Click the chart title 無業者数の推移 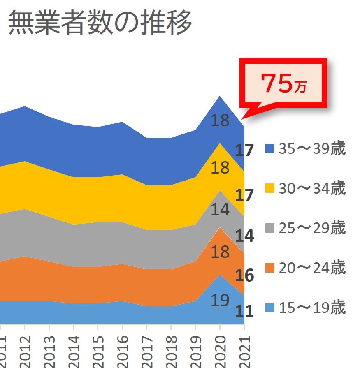[100, 23]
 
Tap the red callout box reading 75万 [283, 83]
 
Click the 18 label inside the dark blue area [220, 120]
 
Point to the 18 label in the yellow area [220, 168]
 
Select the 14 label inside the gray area [220, 210]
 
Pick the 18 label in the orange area [220, 252]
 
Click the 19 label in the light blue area [220, 301]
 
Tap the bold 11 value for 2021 [244, 311]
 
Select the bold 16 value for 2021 [244, 275]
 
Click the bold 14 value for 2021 [244, 236]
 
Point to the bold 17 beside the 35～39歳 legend [244, 151]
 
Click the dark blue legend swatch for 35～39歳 [269, 149]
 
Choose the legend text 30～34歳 [312, 188]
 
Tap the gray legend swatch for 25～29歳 [269, 228]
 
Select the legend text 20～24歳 [312, 268]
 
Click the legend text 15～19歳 [312, 308]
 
